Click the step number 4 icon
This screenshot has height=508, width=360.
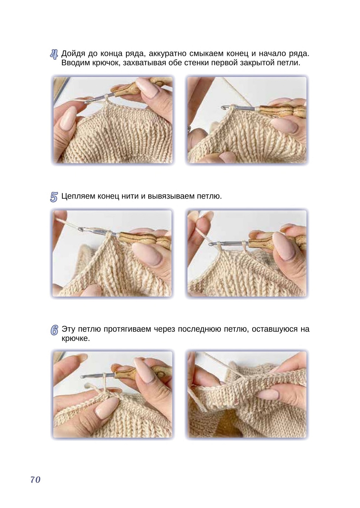54,54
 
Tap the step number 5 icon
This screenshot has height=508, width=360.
54,197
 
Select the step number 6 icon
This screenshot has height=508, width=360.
54,330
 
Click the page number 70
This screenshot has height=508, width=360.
35,479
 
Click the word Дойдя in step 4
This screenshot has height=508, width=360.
73,54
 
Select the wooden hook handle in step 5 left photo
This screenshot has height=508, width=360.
145,240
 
